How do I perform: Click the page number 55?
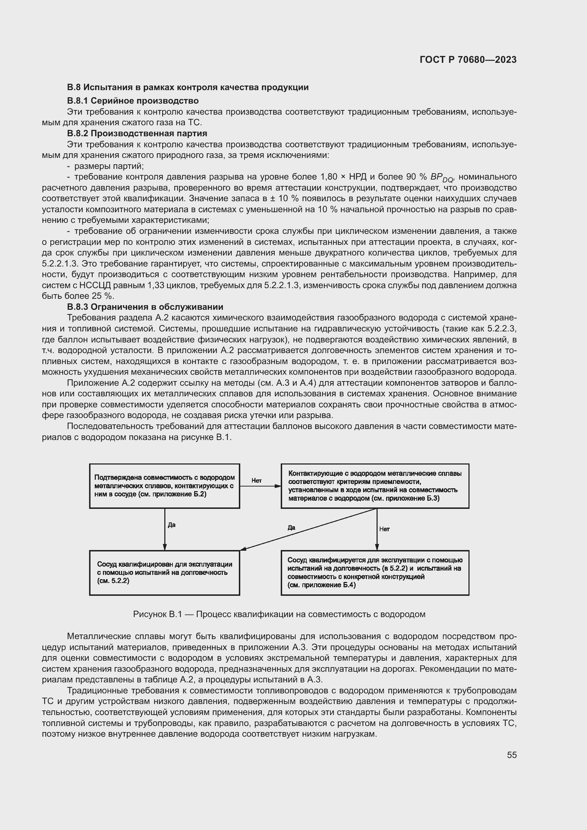pyautogui.click(x=511, y=755)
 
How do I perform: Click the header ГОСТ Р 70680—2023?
pyautogui.click(x=468, y=60)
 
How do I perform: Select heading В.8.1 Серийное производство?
pyautogui.click(x=133, y=100)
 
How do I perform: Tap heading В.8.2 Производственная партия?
pyautogui.click(x=137, y=133)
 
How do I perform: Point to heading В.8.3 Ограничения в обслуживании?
pyautogui.click(x=145, y=307)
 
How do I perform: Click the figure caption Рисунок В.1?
pyautogui.click(x=279, y=614)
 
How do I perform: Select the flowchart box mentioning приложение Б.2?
pyautogui.click(x=164, y=486)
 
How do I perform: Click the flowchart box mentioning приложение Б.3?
pyautogui.click(x=375, y=486)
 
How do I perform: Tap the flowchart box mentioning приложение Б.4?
pyautogui.click(x=375, y=572)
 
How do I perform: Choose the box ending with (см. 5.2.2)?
pyautogui.click(x=164, y=572)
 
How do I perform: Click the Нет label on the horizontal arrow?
pyautogui.click(x=256, y=480)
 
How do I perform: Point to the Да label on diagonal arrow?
pyautogui.click(x=291, y=527)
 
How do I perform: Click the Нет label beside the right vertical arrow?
pyautogui.click(x=384, y=529)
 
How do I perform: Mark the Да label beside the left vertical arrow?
pyautogui.click(x=172, y=525)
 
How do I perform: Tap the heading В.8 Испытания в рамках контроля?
pyautogui.click(x=188, y=87)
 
